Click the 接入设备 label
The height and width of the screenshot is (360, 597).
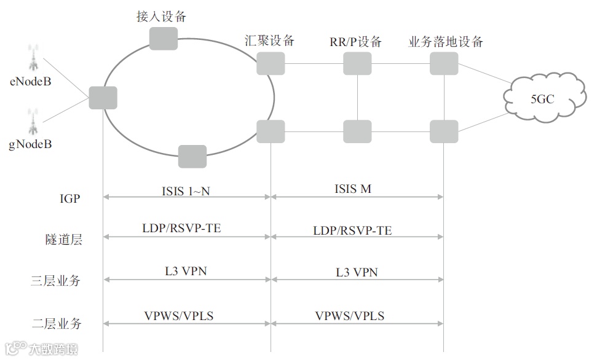click(x=161, y=17)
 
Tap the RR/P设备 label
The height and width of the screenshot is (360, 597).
click(x=355, y=42)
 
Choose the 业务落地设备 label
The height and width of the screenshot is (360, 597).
click(x=446, y=42)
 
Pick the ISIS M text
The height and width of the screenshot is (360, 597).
click(x=353, y=189)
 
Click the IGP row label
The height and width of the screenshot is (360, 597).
click(x=70, y=198)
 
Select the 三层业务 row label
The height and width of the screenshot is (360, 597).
click(x=64, y=281)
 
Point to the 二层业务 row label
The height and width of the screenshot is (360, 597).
click(x=64, y=323)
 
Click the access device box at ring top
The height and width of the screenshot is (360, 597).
click(x=164, y=38)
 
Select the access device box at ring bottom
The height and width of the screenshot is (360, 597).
click(x=192, y=156)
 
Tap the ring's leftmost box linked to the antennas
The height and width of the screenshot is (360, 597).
click(x=103, y=98)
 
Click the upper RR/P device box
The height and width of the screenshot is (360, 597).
click(x=357, y=63)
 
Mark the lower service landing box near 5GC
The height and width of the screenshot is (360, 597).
click(x=444, y=131)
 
